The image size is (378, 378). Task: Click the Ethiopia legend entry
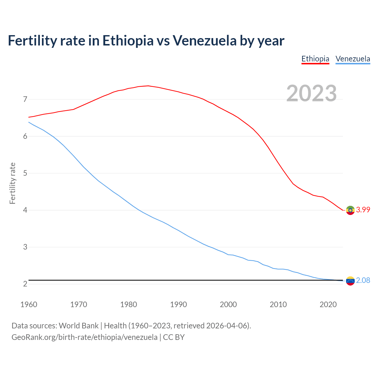(x=315, y=59)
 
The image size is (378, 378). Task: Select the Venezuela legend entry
(x=353, y=59)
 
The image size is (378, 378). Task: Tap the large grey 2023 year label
(x=312, y=93)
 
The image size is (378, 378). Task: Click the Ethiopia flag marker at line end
(x=350, y=210)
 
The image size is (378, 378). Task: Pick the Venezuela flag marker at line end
(x=350, y=281)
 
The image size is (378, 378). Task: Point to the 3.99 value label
(x=363, y=210)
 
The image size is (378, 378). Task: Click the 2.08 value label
(x=363, y=280)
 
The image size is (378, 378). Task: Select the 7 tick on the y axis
(x=25, y=99)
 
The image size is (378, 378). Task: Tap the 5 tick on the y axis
(x=25, y=173)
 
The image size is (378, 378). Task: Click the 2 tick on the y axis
(x=25, y=284)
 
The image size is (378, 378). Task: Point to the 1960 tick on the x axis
(x=29, y=304)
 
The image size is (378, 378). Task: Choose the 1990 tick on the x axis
(x=178, y=304)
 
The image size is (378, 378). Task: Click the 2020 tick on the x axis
(x=328, y=304)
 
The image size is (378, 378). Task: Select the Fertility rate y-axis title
(x=12, y=183)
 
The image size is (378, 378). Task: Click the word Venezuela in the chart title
(x=205, y=40)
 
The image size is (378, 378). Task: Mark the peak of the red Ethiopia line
(x=148, y=86)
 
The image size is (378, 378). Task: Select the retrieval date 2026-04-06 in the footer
(x=227, y=326)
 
